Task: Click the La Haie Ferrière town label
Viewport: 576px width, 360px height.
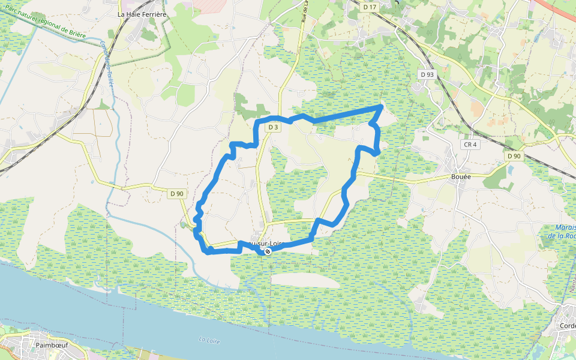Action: coord(142,13)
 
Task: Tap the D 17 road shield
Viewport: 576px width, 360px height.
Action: coord(370,7)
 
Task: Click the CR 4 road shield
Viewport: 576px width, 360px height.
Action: coord(470,145)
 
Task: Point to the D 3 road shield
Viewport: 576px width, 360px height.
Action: coord(273,127)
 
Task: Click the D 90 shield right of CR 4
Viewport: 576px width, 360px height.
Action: coord(514,156)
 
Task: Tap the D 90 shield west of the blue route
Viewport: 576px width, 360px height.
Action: coord(176,193)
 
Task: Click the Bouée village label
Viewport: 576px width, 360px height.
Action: coord(461,177)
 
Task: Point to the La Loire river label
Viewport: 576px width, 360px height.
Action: coord(210,340)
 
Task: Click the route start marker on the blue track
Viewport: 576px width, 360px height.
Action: coord(268,252)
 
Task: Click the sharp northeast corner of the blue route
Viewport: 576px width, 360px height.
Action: coord(382,106)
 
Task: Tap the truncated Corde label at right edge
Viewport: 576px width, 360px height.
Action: coord(567,326)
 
